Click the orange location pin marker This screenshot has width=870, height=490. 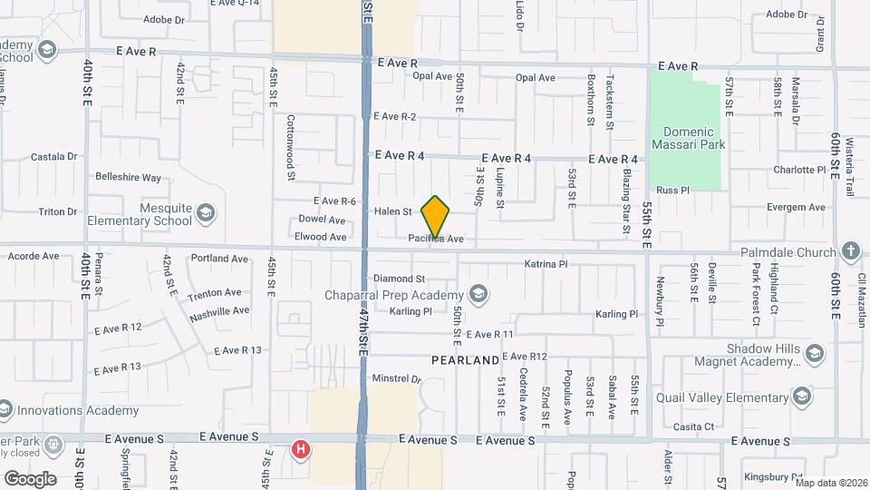(x=436, y=217)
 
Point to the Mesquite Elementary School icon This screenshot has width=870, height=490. (x=206, y=213)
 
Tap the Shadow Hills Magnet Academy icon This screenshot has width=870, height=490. (x=815, y=353)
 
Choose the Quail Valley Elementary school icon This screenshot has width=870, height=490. (x=802, y=397)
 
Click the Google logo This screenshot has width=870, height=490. (x=30, y=478)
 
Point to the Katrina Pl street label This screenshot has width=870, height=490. (x=546, y=264)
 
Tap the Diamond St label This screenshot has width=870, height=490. (x=400, y=279)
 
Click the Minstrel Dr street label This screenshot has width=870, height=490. (x=398, y=378)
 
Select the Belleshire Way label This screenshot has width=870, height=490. (x=128, y=177)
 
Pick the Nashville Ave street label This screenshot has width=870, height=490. (x=219, y=311)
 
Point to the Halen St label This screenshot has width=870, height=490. (x=393, y=211)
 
